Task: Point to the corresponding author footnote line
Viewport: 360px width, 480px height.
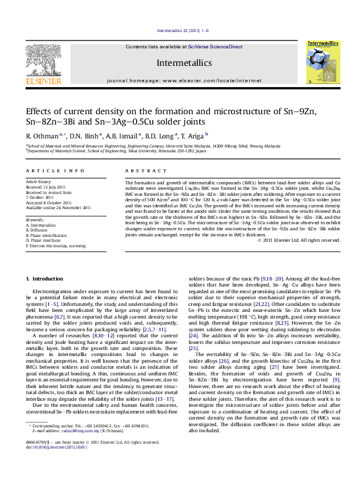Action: coord(103,443)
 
